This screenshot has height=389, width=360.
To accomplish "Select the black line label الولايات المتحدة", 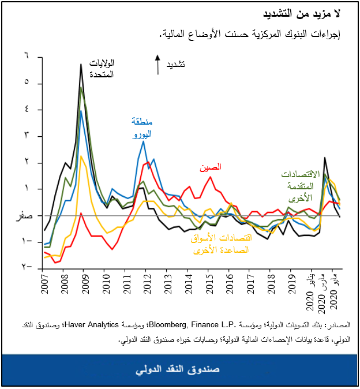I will tap(103, 68).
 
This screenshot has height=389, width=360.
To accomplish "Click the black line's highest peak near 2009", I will tap(81, 64).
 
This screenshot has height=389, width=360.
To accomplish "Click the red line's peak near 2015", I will tap(210, 176).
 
